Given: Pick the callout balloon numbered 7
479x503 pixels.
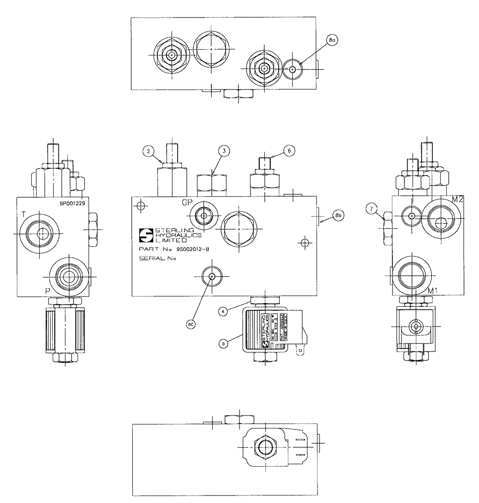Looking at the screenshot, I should pyautogui.click(x=372, y=208).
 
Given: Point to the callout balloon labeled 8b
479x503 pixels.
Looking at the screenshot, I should pyautogui.click(x=337, y=216).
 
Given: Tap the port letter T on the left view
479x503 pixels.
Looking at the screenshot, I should pyautogui.click(x=23, y=215).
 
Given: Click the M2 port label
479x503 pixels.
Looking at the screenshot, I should pyautogui.click(x=457, y=199).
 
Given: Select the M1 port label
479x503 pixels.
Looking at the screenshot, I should pyautogui.click(x=432, y=291).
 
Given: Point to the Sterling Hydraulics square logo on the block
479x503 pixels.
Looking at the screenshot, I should pyautogui.click(x=146, y=234).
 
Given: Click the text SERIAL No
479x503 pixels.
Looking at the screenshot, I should pyautogui.click(x=156, y=259).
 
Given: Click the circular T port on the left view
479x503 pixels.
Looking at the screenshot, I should pyautogui.click(x=40, y=233).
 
